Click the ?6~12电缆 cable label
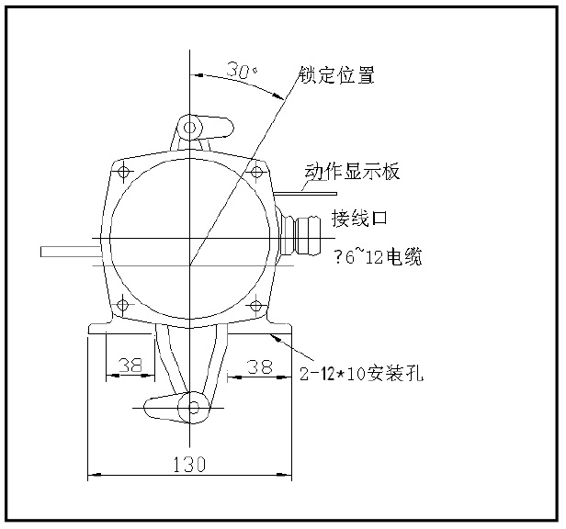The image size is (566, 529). [x=378, y=258]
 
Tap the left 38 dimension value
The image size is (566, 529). [x=130, y=365]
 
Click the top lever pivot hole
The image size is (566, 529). [x=191, y=126]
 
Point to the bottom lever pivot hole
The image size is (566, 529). [x=194, y=407]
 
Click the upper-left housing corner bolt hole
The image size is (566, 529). [x=124, y=171]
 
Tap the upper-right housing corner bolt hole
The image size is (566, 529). [x=256, y=171]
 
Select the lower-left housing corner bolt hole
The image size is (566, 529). [x=124, y=304]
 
